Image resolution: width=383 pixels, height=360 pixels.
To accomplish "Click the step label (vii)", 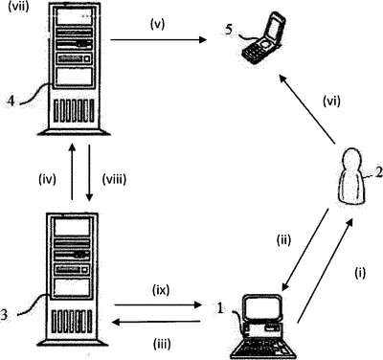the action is coord(18,7).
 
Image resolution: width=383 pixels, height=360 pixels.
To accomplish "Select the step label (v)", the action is coord(157,25).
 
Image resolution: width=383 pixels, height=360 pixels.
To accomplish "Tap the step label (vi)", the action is coord(331,101).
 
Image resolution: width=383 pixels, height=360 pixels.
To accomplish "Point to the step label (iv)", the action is coord(47,179).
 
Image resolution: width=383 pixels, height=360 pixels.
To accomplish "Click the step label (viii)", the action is coord(114,179).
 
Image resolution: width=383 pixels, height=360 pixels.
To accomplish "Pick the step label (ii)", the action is coord(283,240).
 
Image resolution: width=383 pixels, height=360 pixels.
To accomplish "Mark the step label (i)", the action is coord(360,273).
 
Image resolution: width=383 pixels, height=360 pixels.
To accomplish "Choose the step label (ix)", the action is coord(161,290).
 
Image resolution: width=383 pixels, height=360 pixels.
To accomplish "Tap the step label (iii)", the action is coord(162,345).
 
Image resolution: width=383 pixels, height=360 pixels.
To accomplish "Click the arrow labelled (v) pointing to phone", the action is coord(158,39).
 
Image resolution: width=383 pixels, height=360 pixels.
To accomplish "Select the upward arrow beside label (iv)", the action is coord(73,172).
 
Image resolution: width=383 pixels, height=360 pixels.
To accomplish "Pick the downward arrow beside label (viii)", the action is coord(89,172).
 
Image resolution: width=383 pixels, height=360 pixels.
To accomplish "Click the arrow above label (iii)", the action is coord(156,323).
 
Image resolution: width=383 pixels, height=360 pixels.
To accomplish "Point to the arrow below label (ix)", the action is coord(158,305).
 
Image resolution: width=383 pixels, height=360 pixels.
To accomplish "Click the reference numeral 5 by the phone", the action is coord(229,30).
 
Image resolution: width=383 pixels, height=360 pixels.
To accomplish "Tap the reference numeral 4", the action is coord(11,101).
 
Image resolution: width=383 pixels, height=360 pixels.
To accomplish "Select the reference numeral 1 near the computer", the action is coord(220,308).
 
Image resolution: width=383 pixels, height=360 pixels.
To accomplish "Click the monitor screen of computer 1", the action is coord(260,306).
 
